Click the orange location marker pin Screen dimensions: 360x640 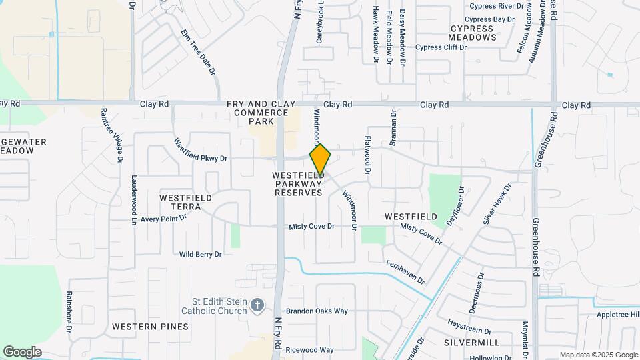point(320,159)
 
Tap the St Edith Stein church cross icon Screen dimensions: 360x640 point(259,305)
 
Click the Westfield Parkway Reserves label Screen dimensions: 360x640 point(297,183)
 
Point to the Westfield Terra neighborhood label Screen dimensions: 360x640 point(186,203)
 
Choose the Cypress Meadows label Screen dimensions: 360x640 point(473,33)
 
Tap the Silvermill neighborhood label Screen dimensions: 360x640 point(471,342)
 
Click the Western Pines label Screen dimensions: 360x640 point(150,327)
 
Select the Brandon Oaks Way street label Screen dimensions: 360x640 point(317,311)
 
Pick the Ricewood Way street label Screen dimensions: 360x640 point(309,349)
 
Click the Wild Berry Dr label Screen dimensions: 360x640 point(200,254)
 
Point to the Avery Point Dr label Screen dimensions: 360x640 point(164,219)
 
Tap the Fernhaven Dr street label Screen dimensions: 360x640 point(405,273)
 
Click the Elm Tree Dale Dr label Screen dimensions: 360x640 point(199,51)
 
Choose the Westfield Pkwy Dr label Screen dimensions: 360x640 point(200,151)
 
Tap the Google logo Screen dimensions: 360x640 point(22,351)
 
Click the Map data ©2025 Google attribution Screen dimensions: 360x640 point(598,355)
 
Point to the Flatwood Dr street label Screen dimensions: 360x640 point(367,151)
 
